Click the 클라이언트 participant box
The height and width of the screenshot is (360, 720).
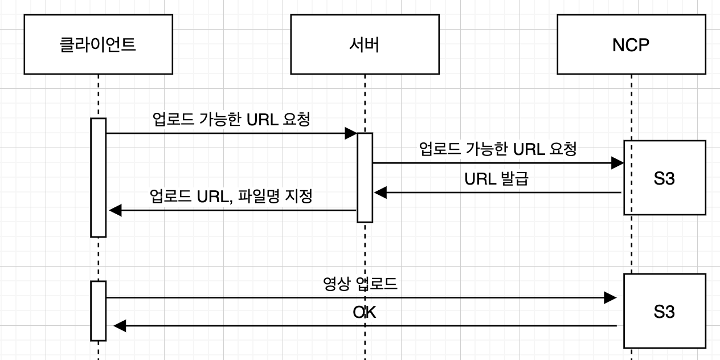point(98,44)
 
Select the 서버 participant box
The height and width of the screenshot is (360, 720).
point(365,44)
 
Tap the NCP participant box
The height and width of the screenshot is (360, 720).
point(631,44)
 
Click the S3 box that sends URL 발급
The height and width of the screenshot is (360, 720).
point(665,178)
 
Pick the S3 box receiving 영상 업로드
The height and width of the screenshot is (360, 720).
point(665,312)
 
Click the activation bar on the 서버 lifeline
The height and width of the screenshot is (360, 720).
point(365,178)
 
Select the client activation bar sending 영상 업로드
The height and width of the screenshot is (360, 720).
point(99,310)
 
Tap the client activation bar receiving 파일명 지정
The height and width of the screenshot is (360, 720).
point(99,177)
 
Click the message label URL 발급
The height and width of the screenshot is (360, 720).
point(496,179)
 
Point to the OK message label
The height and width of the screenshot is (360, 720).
point(365,312)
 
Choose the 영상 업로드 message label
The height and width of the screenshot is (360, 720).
point(360,284)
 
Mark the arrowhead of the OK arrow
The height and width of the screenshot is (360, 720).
point(119,326)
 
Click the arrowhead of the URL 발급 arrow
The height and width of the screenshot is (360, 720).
point(380,193)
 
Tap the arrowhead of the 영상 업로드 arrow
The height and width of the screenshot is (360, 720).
point(610,297)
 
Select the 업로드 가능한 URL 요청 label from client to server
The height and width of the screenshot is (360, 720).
point(231,120)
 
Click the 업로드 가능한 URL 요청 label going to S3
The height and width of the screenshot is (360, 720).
point(498,149)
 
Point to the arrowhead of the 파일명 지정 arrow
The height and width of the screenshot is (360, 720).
point(115,210)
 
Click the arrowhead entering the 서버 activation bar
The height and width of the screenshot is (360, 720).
point(350,133)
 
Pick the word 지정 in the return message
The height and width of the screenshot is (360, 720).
point(301,197)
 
